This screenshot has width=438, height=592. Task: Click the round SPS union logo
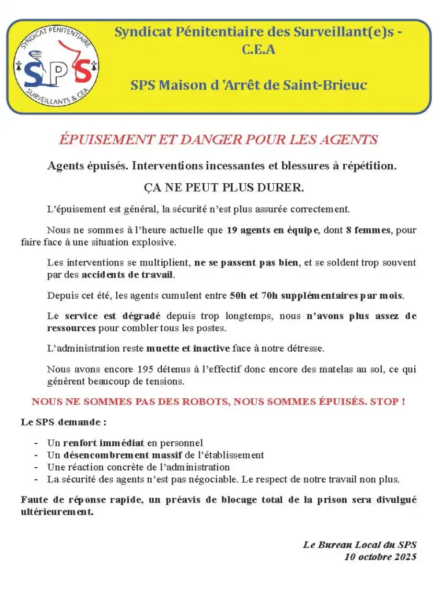(56, 66)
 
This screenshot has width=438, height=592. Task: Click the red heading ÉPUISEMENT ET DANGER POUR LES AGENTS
(219, 139)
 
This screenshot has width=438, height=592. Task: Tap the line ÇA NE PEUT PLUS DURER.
(223, 188)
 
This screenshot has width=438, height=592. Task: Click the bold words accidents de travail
(127, 274)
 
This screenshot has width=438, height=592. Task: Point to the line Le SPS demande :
(64, 422)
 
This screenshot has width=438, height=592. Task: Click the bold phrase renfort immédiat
(103, 443)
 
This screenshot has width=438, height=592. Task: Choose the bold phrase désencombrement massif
(123, 455)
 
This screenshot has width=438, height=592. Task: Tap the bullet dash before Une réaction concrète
(36, 467)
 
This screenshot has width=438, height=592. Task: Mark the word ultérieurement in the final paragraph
(57, 512)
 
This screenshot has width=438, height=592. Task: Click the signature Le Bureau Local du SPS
(359, 545)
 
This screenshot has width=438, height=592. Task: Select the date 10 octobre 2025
(380, 557)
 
